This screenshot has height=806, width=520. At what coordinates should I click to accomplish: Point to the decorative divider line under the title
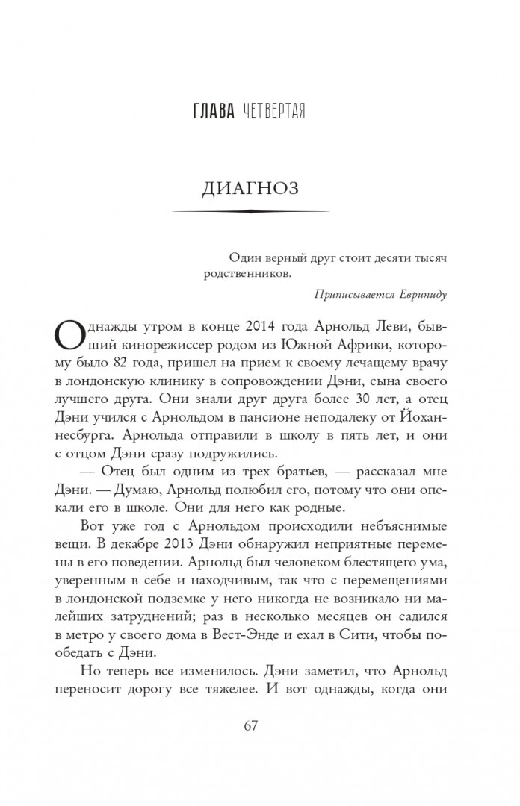pyautogui.click(x=250, y=212)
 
